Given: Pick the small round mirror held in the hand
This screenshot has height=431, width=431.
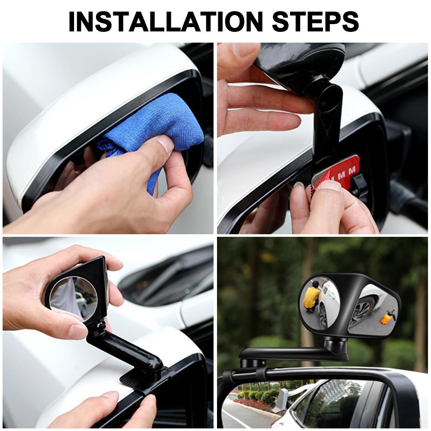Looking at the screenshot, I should tap(73, 297).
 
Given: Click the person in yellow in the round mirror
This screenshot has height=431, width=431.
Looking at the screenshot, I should tap(311, 297).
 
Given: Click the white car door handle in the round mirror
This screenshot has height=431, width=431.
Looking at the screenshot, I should tap(331, 297).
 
